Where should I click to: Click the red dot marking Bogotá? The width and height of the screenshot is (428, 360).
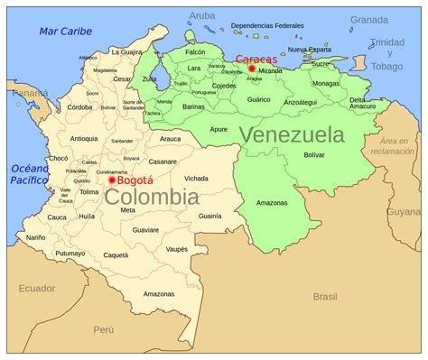112,180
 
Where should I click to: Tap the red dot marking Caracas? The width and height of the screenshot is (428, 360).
252,69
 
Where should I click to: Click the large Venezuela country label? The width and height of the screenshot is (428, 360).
292,134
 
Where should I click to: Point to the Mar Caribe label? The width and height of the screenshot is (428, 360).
65,32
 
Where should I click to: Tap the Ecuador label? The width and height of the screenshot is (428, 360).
36,289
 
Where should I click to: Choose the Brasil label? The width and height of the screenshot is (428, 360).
324,296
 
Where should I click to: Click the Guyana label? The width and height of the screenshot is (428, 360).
404,211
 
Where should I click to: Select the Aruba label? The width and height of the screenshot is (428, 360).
203,16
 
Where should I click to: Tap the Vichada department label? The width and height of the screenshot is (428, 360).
196,179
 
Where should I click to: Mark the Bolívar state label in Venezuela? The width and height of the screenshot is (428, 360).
313,155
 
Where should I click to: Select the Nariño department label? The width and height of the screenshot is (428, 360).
35,237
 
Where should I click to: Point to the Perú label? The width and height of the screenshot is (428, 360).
105,330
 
